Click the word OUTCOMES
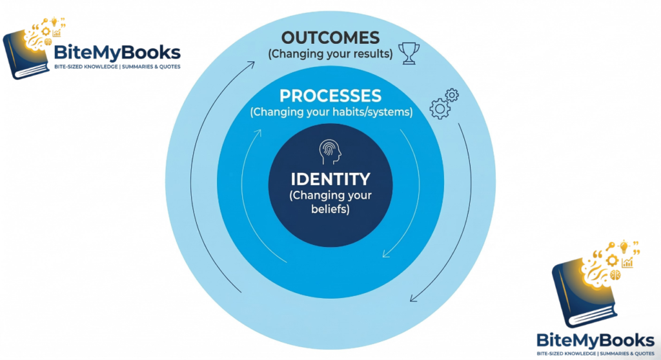(330, 37)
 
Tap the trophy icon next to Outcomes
(408, 53)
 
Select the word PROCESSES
(330, 96)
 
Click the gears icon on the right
(444, 104)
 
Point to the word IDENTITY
(330, 179)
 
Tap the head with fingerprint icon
(330, 153)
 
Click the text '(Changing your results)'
(330, 54)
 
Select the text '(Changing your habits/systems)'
(331, 112)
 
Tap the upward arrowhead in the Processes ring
(258, 134)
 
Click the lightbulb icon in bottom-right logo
(624, 247)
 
